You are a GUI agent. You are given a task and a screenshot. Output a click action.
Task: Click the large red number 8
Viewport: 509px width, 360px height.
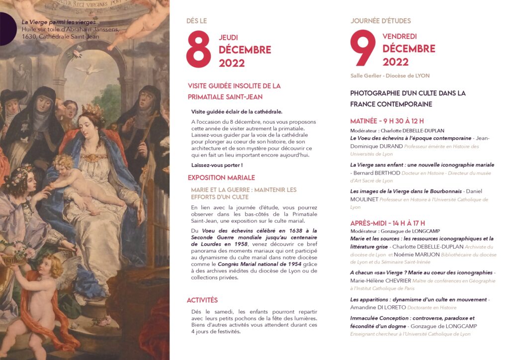[x=199, y=50]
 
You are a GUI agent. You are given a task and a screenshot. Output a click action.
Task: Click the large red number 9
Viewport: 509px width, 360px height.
[x=363, y=49]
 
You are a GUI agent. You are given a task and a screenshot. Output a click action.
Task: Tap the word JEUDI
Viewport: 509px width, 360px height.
[x=228, y=37]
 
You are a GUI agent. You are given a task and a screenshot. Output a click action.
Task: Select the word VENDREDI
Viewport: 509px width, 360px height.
[x=400, y=36]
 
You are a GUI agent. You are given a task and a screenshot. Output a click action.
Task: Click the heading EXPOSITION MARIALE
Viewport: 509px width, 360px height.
[x=221, y=178]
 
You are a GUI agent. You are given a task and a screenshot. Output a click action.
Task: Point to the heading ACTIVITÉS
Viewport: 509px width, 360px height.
[x=202, y=300]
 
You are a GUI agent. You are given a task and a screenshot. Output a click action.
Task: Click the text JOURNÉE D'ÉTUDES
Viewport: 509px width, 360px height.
[x=381, y=21]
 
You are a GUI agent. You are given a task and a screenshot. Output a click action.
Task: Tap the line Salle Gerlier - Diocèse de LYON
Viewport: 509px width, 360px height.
[x=390, y=76]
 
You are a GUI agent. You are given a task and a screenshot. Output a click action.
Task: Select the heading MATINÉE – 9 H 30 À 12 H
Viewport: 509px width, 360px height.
[x=387, y=121]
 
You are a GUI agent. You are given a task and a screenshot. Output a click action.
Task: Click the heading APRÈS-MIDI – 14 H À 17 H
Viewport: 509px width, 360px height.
[x=388, y=223]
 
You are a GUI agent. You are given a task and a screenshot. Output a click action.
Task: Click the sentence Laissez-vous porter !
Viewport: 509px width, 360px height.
[x=217, y=165]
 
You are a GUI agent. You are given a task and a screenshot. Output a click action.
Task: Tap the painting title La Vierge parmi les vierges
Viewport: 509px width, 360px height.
[x=59, y=22]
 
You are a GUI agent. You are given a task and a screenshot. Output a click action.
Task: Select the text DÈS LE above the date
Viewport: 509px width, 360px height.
[x=196, y=21]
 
